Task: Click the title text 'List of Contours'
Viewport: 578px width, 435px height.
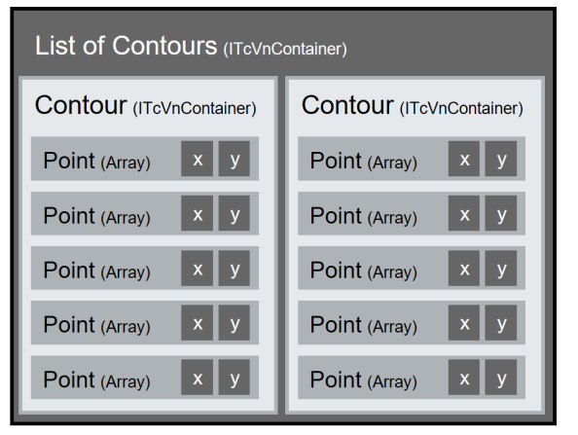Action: coord(126,46)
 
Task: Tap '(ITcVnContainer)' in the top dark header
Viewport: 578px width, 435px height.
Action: coord(285,49)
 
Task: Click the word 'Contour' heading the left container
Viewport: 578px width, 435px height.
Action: coord(81,105)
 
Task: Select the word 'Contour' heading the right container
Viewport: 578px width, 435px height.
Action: coord(347,105)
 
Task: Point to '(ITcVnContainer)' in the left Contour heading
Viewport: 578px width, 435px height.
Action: coord(195,108)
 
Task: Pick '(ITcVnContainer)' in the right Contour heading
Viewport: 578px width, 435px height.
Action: coord(461,108)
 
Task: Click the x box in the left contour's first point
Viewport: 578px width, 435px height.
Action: coord(198,159)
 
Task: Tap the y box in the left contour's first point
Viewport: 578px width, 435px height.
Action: coord(235,159)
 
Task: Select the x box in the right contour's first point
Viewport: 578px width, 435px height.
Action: coord(464,159)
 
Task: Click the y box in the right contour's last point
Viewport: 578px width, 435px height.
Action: coord(501,378)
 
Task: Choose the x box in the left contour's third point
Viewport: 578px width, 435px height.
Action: coord(198,269)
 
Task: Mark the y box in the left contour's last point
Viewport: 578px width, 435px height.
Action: coord(235,378)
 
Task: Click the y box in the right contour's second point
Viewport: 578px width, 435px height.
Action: coord(501,213)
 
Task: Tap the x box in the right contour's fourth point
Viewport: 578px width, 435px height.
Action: coord(464,323)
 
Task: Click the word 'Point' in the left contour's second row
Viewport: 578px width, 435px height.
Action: coord(69,215)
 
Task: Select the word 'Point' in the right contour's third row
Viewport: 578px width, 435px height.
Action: coord(336,270)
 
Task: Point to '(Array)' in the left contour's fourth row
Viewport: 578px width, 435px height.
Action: coord(126,327)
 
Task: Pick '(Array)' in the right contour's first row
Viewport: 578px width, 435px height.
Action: coord(392,163)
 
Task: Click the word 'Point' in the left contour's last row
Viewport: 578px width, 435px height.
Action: coord(69,380)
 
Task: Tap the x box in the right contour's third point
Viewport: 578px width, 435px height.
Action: coord(464,269)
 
